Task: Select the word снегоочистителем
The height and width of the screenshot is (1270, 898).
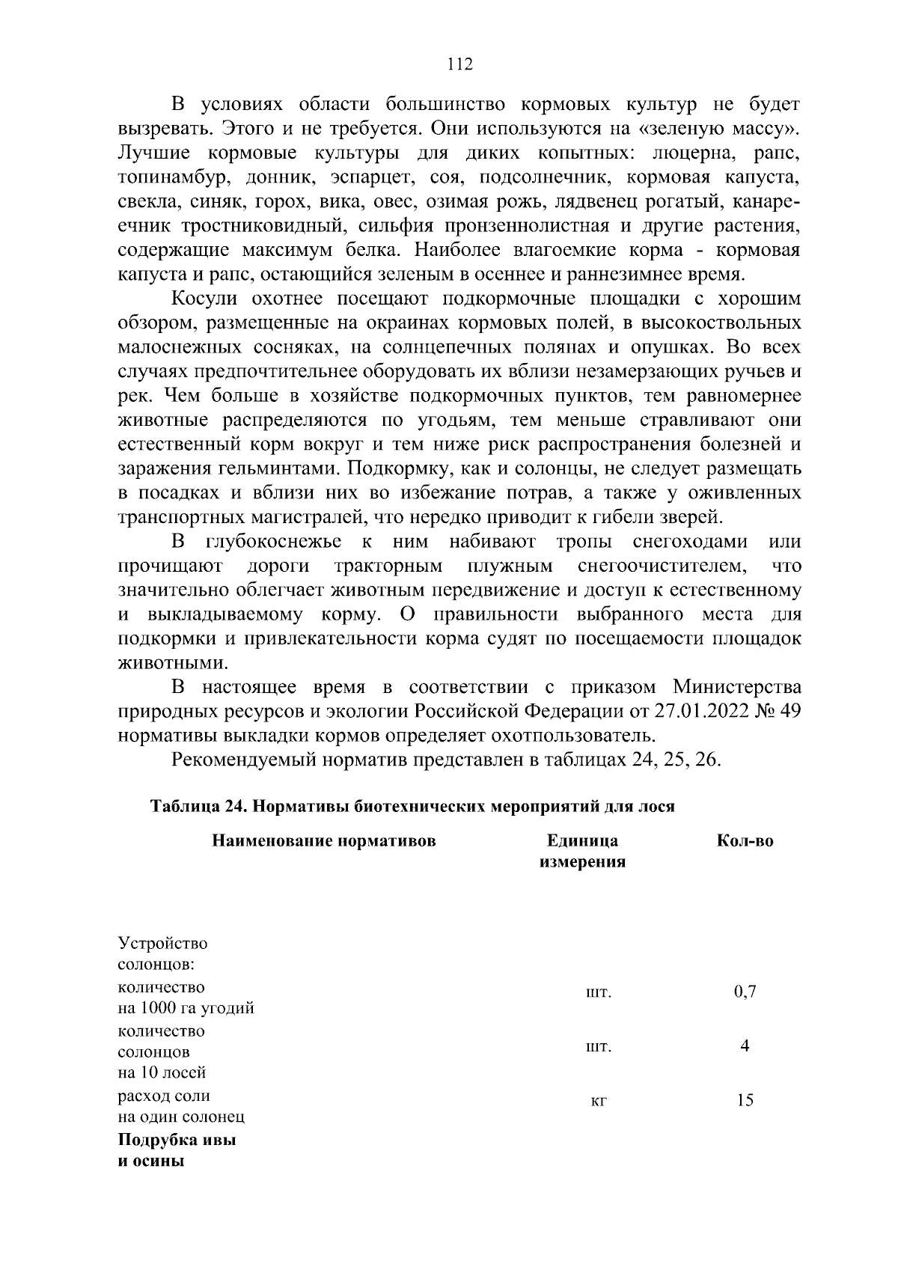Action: pos(662,565)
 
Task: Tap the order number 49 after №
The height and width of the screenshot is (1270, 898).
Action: pos(789,710)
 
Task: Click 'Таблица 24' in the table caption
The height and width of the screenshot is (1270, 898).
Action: pos(196,807)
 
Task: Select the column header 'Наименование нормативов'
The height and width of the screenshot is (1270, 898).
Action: pos(324,841)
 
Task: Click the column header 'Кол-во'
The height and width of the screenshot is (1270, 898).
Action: pos(744,841)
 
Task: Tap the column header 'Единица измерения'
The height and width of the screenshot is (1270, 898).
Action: pos(583,851)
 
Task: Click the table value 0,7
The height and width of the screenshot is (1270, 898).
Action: pos(745,992)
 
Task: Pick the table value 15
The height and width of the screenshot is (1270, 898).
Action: pos(745,1100)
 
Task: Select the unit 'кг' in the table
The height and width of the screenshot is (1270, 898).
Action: pos(598,1101)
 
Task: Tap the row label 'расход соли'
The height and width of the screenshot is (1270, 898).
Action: pos(164,1096)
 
